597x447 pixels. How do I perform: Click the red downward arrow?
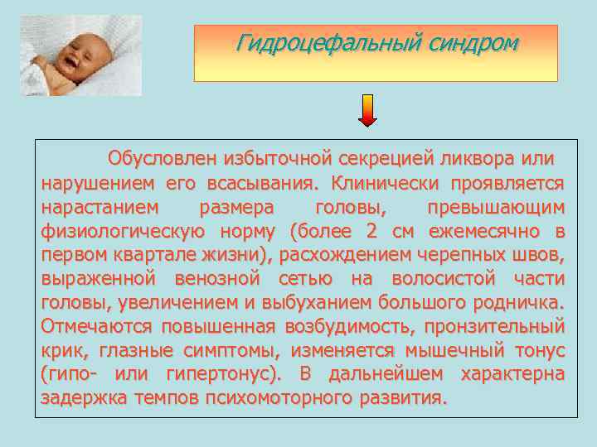pyautogui.click(x=367, y=110)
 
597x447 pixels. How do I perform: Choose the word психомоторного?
pyautogui.click(x=287, y=398)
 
